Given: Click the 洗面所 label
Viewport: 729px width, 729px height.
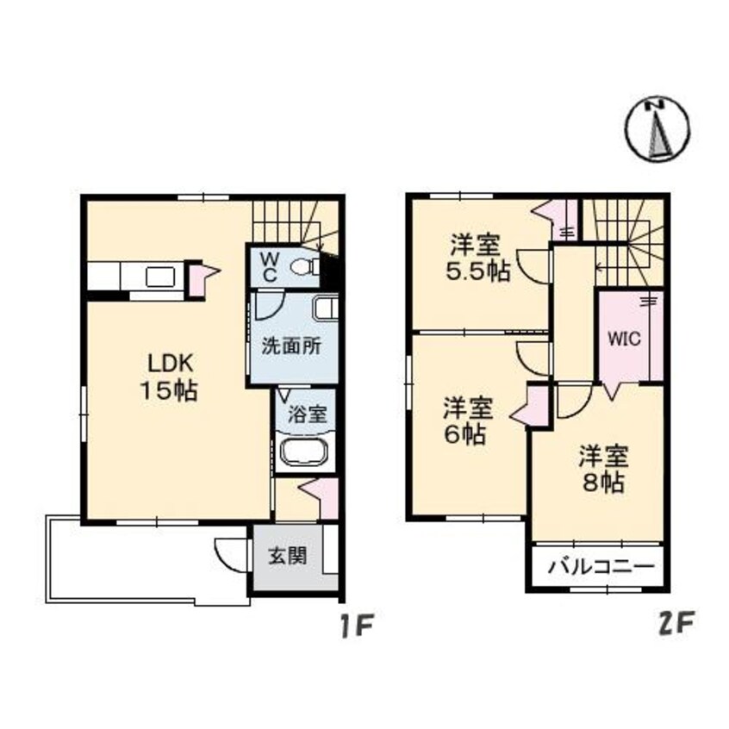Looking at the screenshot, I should pos(291,346).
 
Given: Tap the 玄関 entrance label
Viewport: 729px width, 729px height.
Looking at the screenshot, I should pos(288,557).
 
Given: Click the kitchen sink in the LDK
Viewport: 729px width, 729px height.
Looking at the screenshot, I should pos(160,277).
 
